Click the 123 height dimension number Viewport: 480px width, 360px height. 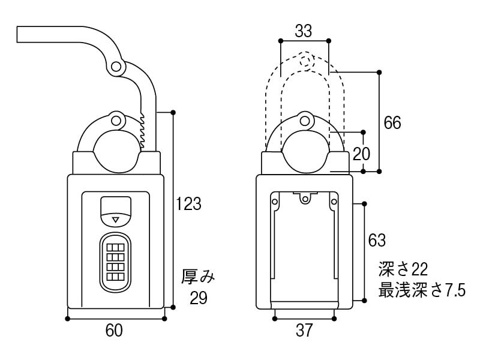pyautogui.click(x=188, y=204)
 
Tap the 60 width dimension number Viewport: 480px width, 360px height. pyautogui.click(x=114, y=330)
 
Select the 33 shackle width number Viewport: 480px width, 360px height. pyautogui.click(x=305, y=29)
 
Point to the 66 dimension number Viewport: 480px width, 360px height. pyautogui.click(x=392, y=122)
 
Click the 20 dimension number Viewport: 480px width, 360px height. pyautogui.click(x=361, y=154)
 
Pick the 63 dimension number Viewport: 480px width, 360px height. pyautogui.click(x=377, y=240)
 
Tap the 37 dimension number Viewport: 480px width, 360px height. pyautogui.click(x=305, y=330)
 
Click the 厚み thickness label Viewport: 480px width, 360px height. pyautogui.click(x=198, y=277)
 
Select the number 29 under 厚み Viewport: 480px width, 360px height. pyautogui.click(x=198, y=298)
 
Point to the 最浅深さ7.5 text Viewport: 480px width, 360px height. pyautogui.click(x=422, y=291)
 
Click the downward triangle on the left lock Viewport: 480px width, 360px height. pyautogui.click(x=116, y=220)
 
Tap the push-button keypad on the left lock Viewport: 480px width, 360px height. pyautogui.click(x=115, y=263)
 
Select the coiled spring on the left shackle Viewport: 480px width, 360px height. pyautogui.click(x=142, y=129)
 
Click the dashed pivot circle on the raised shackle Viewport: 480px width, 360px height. pyautogui.click(x=305, y=61)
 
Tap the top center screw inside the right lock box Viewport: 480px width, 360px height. pyautogui.click(x=305, y=197)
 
